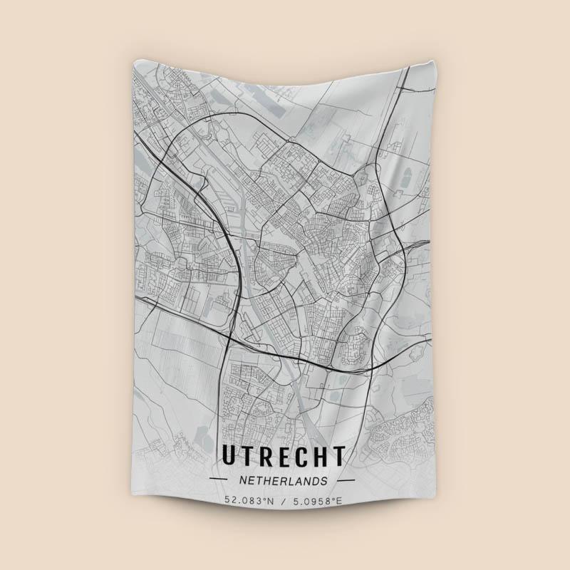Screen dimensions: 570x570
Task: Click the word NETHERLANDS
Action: [x=284, y=481]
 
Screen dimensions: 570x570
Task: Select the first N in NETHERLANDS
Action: [x=244, y=481]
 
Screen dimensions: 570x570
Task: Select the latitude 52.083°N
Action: [x=249, y=501]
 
